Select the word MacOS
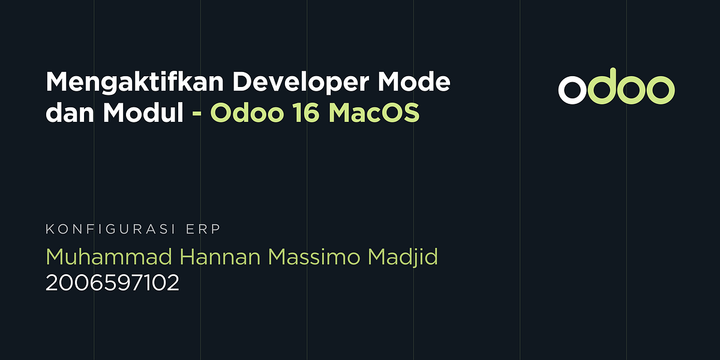pos(374,113)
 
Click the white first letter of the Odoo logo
pos(572,90)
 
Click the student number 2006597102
pos(112,283)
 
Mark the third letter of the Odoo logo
pos(631,90)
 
